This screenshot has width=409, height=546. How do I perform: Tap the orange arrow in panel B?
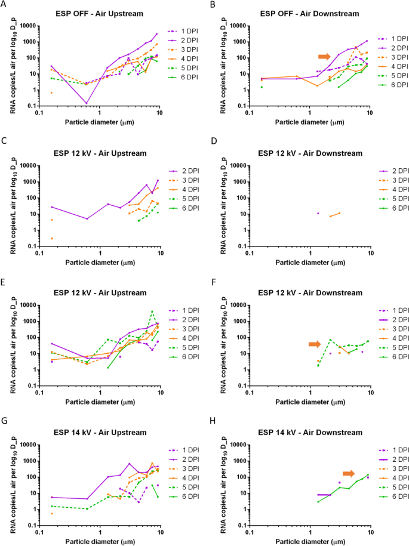point(324,56)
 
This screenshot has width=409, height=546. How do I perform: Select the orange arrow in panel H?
point(348,473)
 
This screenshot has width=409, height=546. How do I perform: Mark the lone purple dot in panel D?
point(318,213)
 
